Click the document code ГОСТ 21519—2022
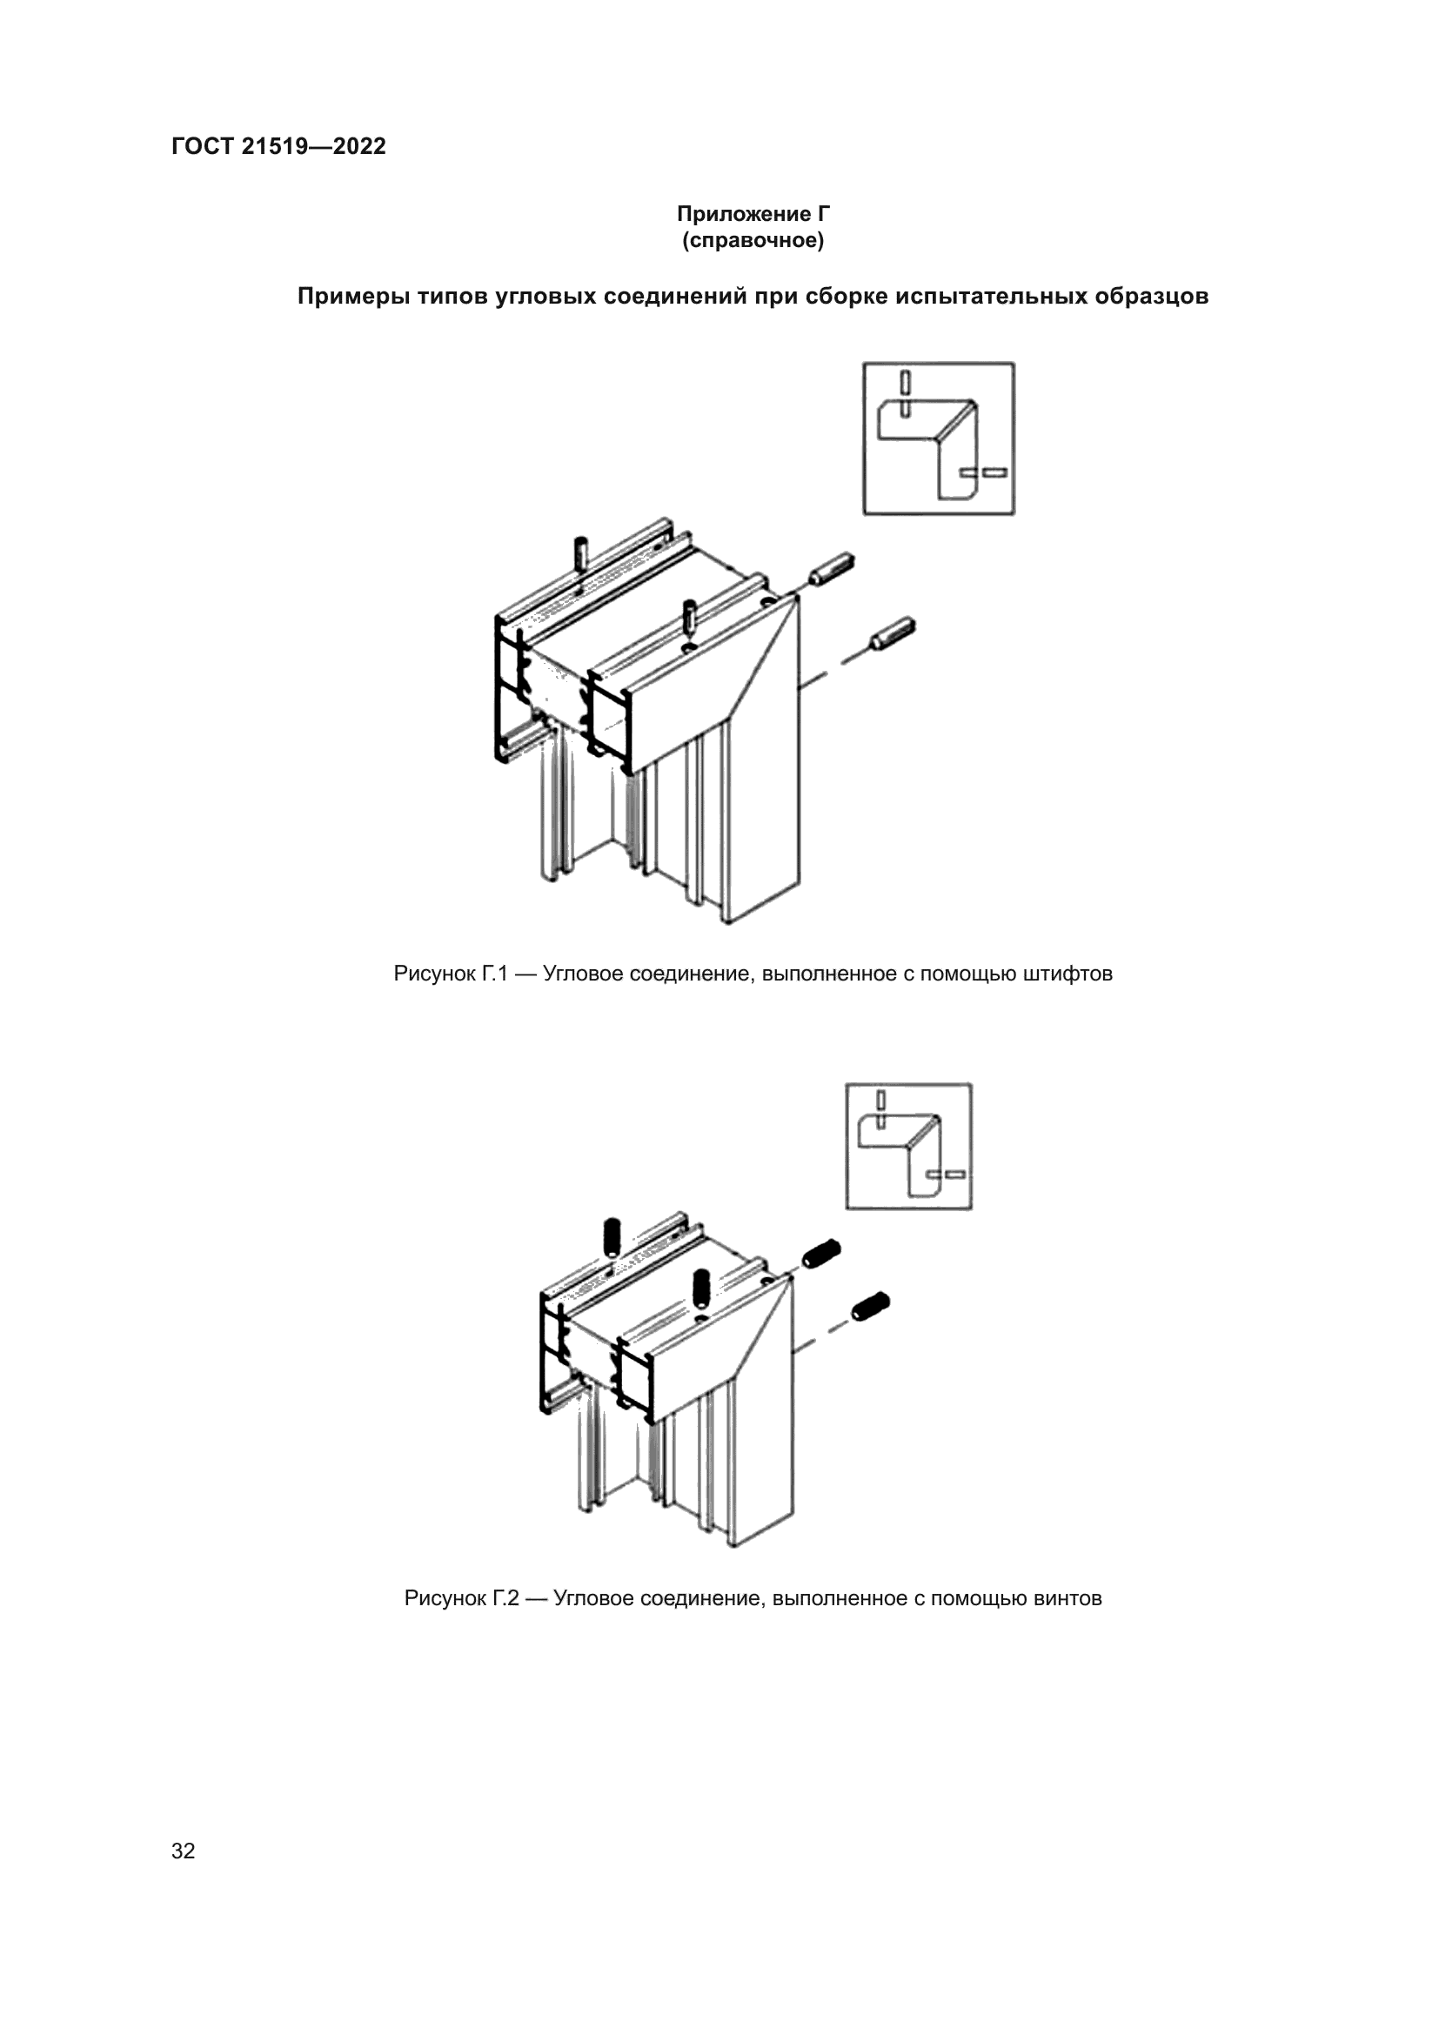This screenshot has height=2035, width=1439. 278,146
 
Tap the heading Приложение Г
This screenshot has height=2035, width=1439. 753,214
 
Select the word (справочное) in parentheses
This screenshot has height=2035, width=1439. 753,240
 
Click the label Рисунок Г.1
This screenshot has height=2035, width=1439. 450,974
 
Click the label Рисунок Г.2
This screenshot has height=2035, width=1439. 461,1598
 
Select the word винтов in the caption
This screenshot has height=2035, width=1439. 1067,1598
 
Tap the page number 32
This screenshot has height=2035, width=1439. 184,1851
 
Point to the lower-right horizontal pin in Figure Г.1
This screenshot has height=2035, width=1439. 894,631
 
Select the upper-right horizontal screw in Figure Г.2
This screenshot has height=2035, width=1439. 821,1252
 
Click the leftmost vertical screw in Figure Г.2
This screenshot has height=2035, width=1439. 612,1236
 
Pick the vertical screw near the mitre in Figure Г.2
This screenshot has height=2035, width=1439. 702,1287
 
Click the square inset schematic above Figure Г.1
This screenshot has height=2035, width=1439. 939,438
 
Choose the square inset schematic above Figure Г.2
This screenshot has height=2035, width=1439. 908,1145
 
